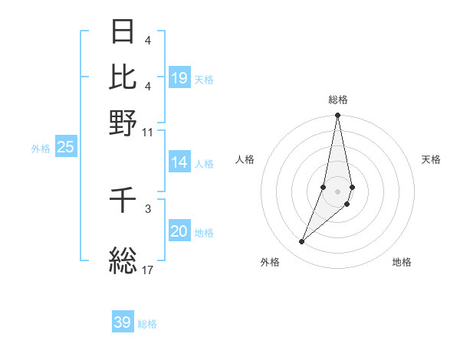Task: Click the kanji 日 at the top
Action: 123,31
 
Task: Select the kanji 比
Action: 123,76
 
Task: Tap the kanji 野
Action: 123,122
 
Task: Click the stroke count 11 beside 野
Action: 147,131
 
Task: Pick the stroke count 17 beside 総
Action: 147,270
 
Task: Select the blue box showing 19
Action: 179,78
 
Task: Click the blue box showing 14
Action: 179,162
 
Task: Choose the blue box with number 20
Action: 179,232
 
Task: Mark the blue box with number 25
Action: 65,148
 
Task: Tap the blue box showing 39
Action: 123,322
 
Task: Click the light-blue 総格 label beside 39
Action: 147,324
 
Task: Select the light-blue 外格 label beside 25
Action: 41,149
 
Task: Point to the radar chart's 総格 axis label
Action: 338,100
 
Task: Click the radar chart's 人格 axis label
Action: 245,159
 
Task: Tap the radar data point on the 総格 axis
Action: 338,116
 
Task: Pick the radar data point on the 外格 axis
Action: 302,242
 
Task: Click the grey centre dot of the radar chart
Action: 338,191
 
